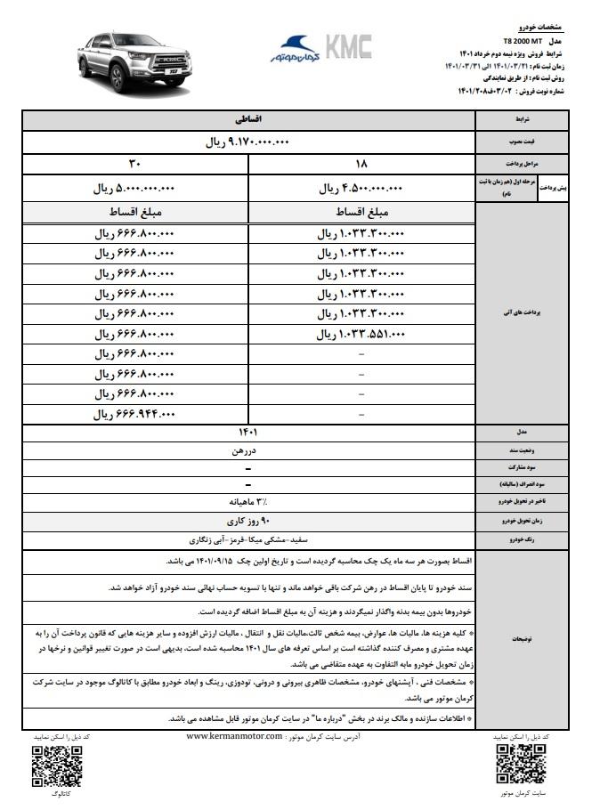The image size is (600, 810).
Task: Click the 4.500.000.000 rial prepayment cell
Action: coord(361,189)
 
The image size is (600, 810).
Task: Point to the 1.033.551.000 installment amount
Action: coord(361,335)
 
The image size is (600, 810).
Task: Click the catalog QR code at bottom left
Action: coord(50,763)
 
